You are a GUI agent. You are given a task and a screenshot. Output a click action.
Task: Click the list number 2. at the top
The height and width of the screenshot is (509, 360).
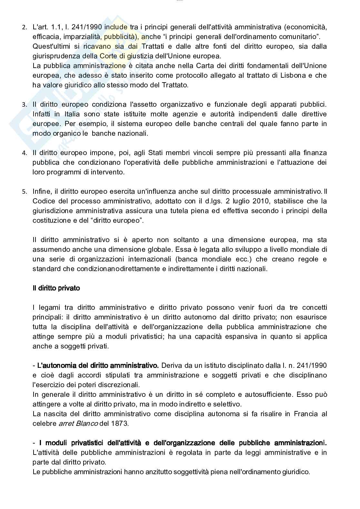coord(24,27)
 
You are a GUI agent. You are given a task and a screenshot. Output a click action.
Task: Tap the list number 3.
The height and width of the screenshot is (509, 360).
coord(24,105)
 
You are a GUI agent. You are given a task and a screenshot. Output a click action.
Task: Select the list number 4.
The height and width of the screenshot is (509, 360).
coord(24,153)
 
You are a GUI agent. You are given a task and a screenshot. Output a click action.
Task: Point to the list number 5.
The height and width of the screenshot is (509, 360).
coord(24,192)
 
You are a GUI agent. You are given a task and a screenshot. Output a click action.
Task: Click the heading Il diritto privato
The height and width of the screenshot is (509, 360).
coord(56,288)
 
